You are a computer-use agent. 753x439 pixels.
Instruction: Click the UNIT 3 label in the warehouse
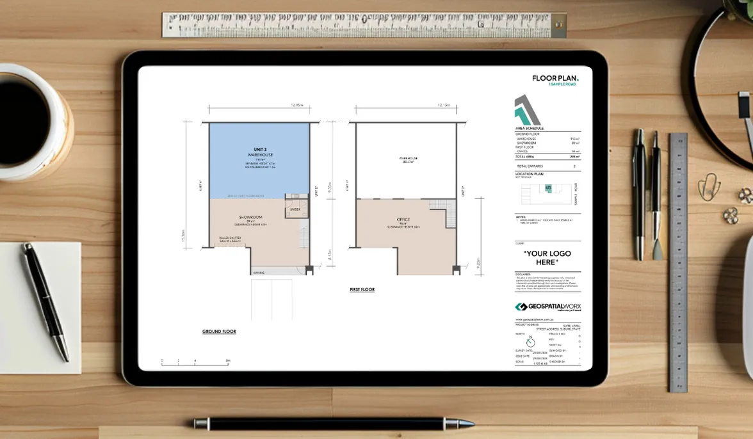(260, 149)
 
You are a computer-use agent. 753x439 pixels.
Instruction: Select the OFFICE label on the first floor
(403, 219)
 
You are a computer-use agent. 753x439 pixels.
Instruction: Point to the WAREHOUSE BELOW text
(408, 160)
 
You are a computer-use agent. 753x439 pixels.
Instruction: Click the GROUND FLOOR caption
(219, 331)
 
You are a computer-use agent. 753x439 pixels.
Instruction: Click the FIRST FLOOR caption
(362, 290)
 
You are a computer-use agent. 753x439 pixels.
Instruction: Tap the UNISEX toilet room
(295, 208)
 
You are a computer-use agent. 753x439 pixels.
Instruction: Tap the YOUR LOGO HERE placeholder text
(547, 258)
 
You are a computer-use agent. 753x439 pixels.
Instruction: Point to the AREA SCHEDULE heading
(530, 128)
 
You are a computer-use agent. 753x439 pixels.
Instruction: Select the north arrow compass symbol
(530, 342)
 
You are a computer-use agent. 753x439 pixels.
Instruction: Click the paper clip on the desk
(709, 186)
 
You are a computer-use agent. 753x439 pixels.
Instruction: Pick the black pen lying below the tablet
(333, 423)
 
